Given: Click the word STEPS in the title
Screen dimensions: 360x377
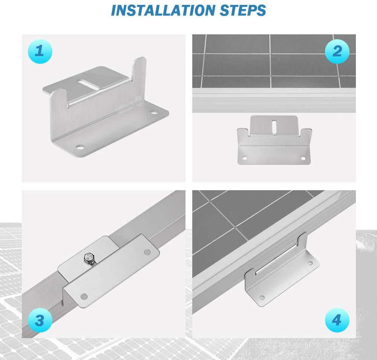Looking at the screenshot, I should [242, 10].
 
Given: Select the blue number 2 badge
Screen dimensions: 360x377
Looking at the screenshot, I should [337, 51].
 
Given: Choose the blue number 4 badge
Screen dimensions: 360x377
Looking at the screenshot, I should [337, 321].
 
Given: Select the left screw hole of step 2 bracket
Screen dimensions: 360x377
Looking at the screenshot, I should [245, 158].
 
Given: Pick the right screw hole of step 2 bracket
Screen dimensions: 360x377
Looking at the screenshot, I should [304, 158].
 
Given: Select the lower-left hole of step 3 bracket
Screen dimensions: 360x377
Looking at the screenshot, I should [84, 296].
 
